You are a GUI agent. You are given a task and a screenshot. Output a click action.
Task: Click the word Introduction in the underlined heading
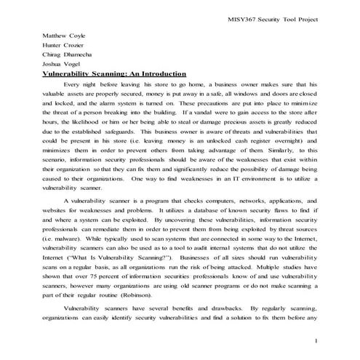click(159, 74)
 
